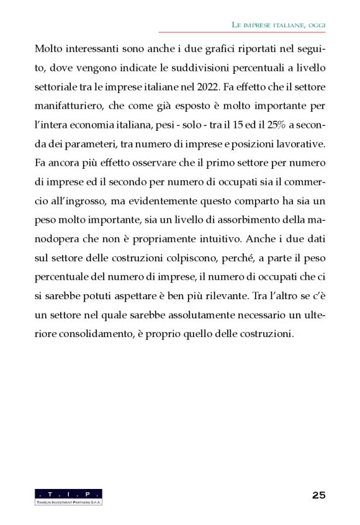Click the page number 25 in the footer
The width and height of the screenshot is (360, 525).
(318, 495)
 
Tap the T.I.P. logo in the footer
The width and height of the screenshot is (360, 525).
(68, 496)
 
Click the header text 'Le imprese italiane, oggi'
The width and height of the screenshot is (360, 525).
(279, 24)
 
